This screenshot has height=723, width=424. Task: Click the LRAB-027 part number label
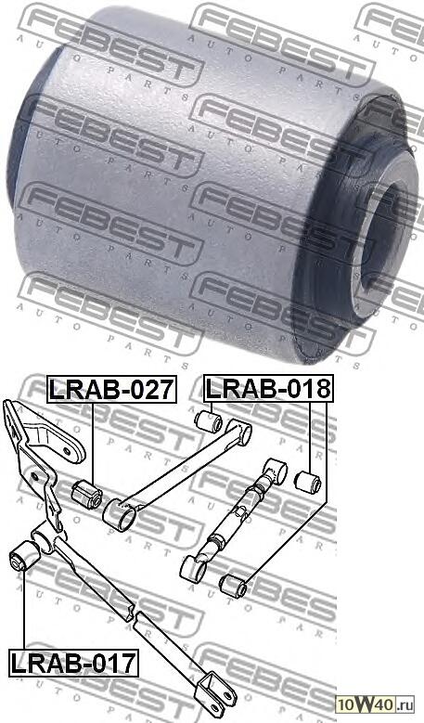tap(110, 390)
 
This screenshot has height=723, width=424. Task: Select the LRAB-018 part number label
tap(267, 390)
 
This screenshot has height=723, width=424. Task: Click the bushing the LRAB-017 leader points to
tap(20, 560)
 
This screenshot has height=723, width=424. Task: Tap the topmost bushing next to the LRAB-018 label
tap(210, 422)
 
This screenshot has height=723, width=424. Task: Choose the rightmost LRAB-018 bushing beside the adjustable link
tap(307, 483)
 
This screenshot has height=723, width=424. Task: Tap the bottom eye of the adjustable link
tap(195, 566)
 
